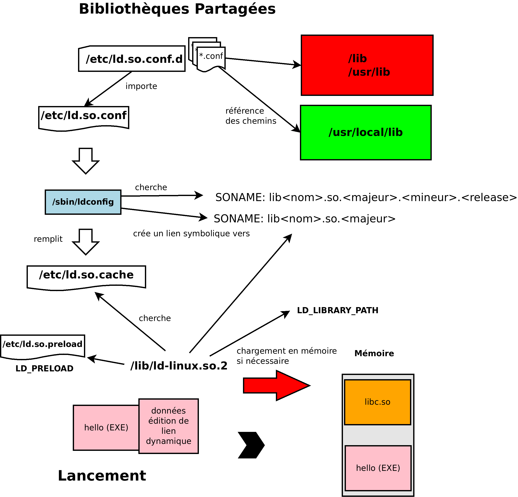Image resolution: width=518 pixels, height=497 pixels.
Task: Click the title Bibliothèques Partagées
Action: (177, 9)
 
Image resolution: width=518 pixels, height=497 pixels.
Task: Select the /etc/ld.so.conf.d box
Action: (132, 59)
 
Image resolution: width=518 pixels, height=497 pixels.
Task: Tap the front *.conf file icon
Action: (211, 58)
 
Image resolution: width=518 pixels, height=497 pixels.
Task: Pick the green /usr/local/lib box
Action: (366, 133)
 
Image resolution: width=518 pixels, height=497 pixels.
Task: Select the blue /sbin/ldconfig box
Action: (83, 202)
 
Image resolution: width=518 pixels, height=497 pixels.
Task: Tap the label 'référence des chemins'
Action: (251, 116)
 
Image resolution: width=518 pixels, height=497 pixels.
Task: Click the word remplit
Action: (48, 239)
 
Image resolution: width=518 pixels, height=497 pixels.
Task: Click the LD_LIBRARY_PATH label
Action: (337, 310)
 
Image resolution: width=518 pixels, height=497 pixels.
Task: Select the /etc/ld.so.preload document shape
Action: (43, 346)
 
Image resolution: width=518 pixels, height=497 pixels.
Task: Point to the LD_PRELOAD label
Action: (45, 368)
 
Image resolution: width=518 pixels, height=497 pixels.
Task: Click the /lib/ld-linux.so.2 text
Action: (179, 366)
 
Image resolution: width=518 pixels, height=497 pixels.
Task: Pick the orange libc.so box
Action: (377, 402)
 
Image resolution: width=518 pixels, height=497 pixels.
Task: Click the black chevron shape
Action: (251, 445)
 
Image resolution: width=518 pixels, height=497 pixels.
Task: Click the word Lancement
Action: (102, 476)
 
